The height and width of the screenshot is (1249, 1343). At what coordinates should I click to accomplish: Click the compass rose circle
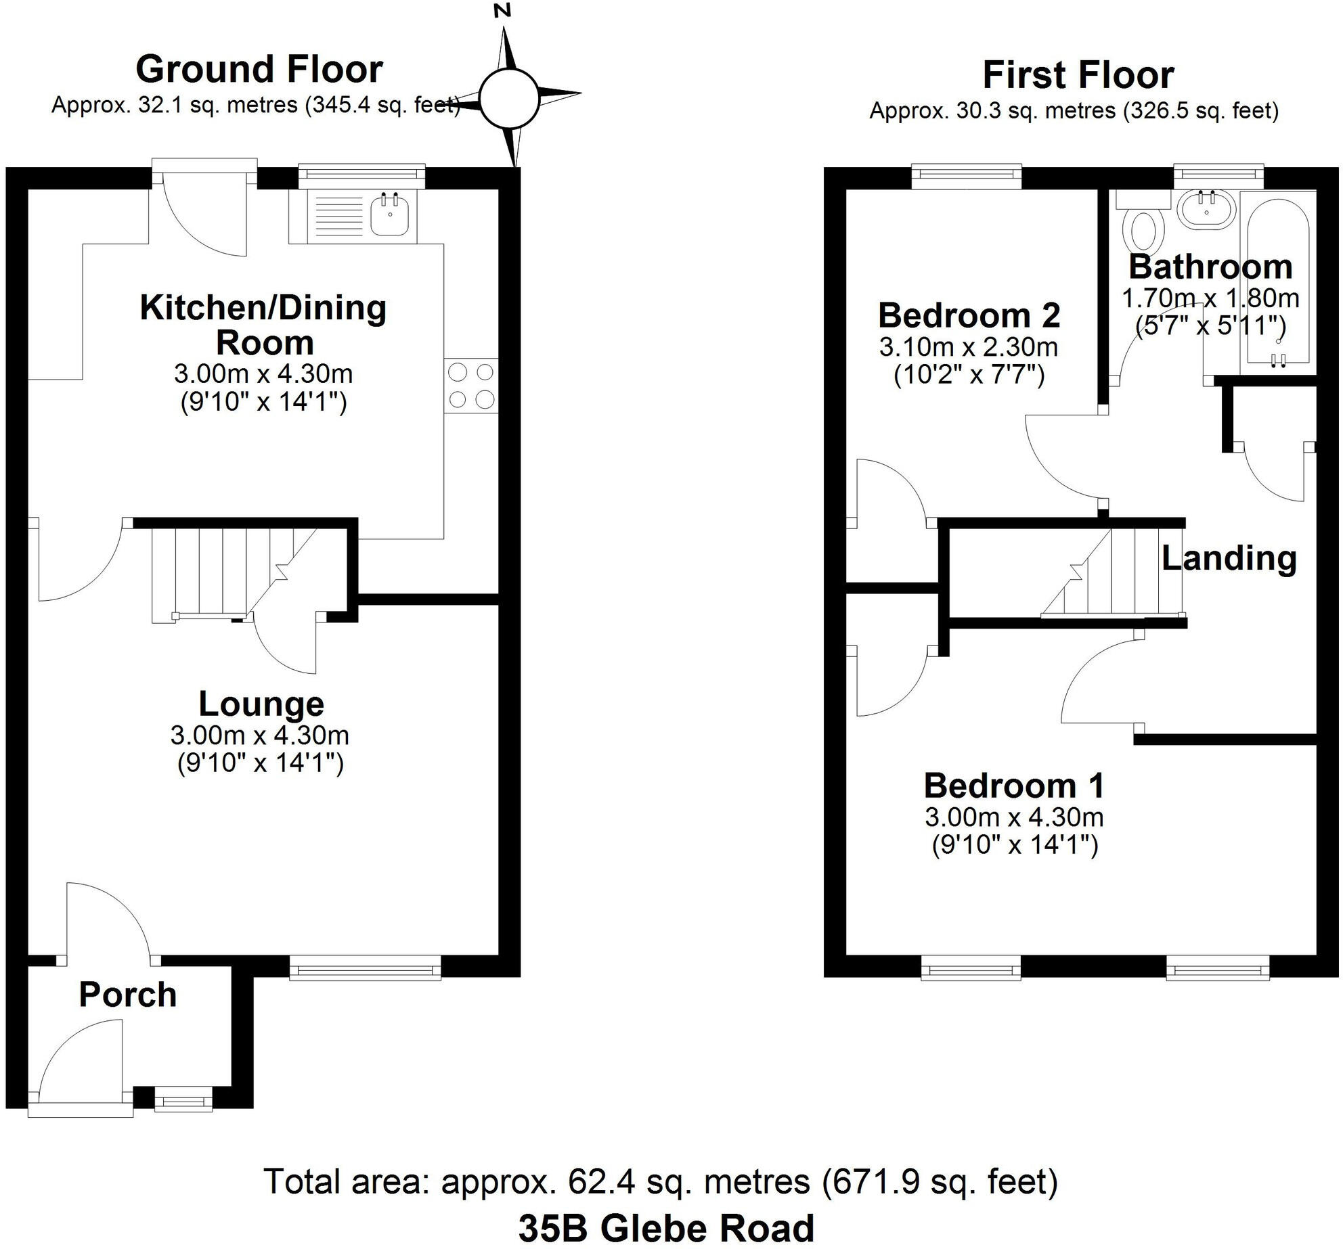pyautogui.click(x=509, y=99)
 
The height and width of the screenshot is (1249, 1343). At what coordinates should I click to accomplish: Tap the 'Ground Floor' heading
pyautogui.click(x=259, y=69)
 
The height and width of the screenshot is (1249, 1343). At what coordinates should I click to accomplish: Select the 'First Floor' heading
pyautogui.click(x=1078, y=75)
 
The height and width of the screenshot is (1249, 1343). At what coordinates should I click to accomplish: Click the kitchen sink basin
pyautogui.click(x=391, y=214)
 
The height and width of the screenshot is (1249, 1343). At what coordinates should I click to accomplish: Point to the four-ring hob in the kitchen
pyautogui.click(x=471, y=386)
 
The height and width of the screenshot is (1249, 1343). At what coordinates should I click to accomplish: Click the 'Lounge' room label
pyautogui.click(x=261, y=704)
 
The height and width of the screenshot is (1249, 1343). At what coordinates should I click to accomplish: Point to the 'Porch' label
pyautogui.click(x=127, y=995)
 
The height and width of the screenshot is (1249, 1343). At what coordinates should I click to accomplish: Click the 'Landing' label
pyautogui.click(x=1229, y=558)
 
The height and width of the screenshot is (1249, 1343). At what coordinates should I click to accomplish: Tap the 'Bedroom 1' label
pyautogui.click(x=1014, y=786)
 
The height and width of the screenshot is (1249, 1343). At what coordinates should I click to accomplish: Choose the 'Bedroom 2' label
pyautogui.click(x=969, y=315)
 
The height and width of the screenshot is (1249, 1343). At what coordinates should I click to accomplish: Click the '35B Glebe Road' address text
pyautogui.click(x=666, y=1228)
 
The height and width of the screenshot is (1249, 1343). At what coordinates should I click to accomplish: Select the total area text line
pyautogui.click(x=660, y=1181)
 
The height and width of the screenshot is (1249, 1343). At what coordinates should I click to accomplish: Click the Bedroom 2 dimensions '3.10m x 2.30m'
pyautogui.click(x=968, y=347)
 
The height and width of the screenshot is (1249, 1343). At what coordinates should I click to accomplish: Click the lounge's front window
pyautogui.click(x=365, y=968)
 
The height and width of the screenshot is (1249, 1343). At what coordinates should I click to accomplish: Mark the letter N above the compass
pyautogui.click(x=502, y=11)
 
